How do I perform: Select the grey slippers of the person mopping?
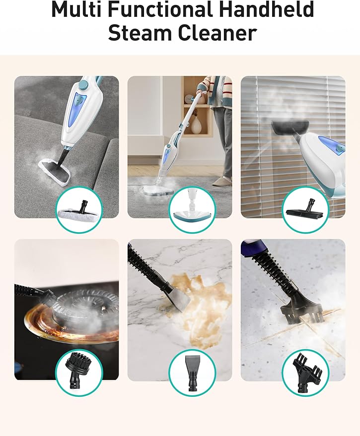pyautogui.click(x=226, y=177)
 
